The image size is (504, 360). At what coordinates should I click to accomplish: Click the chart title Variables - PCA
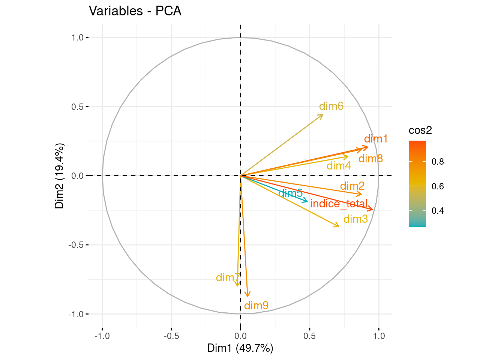click(x=135, y=11)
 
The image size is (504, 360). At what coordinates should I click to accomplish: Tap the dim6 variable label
click(x=331, y=106)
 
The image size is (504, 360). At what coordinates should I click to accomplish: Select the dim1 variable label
click(x=375, y=139)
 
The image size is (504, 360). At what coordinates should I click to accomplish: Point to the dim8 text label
click(x=370, y=159)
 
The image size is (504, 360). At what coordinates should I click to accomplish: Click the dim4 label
click(x=339, y=166)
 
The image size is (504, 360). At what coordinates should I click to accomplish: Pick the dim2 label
click(x=352, y=186)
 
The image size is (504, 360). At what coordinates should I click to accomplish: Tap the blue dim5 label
click(x=290, y=193)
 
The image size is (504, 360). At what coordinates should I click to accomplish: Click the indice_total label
click(x=339, y=204)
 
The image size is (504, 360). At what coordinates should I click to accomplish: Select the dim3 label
click(x=355, y=219)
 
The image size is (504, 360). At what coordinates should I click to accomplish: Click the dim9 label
click(x=256, y=306)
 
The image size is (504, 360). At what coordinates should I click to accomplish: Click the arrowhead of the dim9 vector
click(x=247, y=296)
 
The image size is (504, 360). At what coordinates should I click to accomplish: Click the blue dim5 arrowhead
click(x=307, y=202)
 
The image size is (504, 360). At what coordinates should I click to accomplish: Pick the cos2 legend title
click(x=420, y=130)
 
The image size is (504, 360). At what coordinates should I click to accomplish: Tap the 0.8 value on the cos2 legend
click(x=437, y=162)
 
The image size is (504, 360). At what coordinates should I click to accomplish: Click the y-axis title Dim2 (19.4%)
click(x=60, y=175)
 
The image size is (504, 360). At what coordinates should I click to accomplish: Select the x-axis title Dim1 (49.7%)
click(x=240, y=348)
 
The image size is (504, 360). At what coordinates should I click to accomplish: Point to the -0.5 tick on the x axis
click(x=171, y=336)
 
